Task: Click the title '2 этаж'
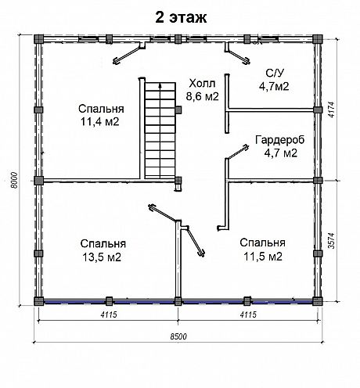tap(181, 18)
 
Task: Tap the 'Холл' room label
tap(202, 84)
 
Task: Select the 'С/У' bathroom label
tap(274, 74)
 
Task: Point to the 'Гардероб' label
tap(280, 140)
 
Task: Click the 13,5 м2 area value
tap(102, 257)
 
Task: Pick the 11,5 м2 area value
tap(263, 257)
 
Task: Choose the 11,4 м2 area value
tap(100, 122)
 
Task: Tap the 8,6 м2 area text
tap(202, 96)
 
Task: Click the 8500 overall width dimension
tap(178, 336)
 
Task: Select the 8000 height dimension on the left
tap(14, 180)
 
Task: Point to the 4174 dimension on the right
tap(331, 110)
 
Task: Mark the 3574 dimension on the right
tap(331, 240)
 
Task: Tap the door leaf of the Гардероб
tap(238, 152)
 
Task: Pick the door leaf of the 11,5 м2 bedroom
tap(196, 242)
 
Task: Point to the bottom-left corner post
tap(38, 301)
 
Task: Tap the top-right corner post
tap(318, 39)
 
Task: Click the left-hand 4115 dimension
tap(109, 314)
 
